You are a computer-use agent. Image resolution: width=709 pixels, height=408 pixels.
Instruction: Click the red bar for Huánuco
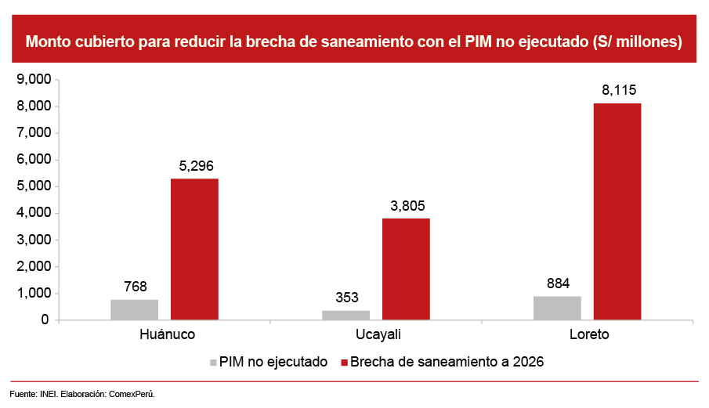click(x=194, y=249)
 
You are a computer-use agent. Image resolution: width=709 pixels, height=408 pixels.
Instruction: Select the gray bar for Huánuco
click(x=134, y=309)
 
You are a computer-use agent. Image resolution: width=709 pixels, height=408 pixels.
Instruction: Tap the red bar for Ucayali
click(x=406, y=269)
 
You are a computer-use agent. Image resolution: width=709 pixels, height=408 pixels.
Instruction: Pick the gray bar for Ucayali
click(x=345, y=315)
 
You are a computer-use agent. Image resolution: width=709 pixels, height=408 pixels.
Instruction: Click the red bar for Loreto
click(x=617, y=211)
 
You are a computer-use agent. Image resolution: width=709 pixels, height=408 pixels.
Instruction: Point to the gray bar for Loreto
click(x=557, y=308)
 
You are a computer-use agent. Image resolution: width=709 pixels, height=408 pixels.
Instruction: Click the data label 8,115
click(x=619, y=91)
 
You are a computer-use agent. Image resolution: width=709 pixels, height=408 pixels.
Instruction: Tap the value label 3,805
click(x=406, y=206)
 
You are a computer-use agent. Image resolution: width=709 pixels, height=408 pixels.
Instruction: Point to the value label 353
click(x=346, y=298)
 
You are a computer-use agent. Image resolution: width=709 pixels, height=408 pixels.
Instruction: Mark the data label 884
click(x=558, y=283)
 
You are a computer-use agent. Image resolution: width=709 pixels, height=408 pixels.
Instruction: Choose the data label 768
click(x=135, y=287)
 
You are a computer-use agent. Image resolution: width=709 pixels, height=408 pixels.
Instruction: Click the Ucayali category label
click(x=375, y=334)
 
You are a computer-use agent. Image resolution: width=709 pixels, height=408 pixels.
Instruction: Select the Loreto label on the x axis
click(x=588, y=334)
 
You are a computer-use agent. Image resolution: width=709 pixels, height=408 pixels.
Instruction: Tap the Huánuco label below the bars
click(x=164, y=334)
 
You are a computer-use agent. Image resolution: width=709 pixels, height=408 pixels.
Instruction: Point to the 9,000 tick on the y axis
click(x=34, y=79)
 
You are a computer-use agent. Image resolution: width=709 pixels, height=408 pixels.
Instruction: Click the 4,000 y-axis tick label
click(x=34, y=213)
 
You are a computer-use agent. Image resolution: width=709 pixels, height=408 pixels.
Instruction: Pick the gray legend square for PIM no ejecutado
click(x=213, y=363)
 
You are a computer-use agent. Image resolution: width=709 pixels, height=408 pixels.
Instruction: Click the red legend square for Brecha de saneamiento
click(x=344, y=363)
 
